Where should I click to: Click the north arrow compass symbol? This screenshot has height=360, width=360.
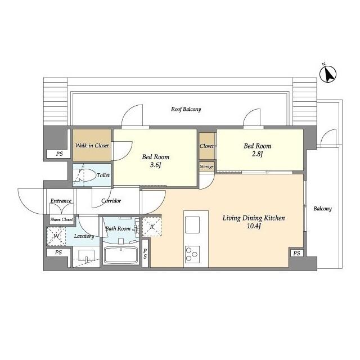click(x=328, y=74)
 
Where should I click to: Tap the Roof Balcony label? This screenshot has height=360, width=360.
click(x=186, y=109)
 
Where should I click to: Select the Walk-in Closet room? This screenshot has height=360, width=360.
click(x=92, y=145)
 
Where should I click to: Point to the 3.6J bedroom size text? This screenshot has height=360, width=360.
click(x=155, y=165)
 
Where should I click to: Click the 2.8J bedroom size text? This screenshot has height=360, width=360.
click(x=257, y=154)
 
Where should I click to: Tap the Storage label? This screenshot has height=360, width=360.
click(x=206, y=166)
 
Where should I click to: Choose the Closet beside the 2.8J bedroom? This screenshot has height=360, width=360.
click(x=206, y=146)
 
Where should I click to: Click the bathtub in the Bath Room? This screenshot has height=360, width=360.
click(x=121, y=255)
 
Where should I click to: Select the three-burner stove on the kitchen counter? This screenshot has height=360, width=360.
click(x=192, y=254)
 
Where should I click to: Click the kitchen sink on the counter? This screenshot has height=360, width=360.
click(x=192, y=225)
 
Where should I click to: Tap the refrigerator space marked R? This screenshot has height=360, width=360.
click(x=152, y=227)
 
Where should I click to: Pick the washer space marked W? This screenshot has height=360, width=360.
click(x=56, y=236)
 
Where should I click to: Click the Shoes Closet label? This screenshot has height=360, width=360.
click(x=61, y=219)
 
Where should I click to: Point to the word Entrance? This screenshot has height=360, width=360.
click(x=61, y=201)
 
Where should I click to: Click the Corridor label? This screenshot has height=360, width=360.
click(x=111, y=201)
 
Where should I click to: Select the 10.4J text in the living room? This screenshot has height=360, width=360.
click(x=254, y=226)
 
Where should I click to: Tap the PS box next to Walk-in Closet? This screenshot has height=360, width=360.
click(x=58, y=154)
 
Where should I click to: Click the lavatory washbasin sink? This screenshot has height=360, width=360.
click(x=86, y=256)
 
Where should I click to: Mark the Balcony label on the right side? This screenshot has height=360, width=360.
click(x=322, y=209)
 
